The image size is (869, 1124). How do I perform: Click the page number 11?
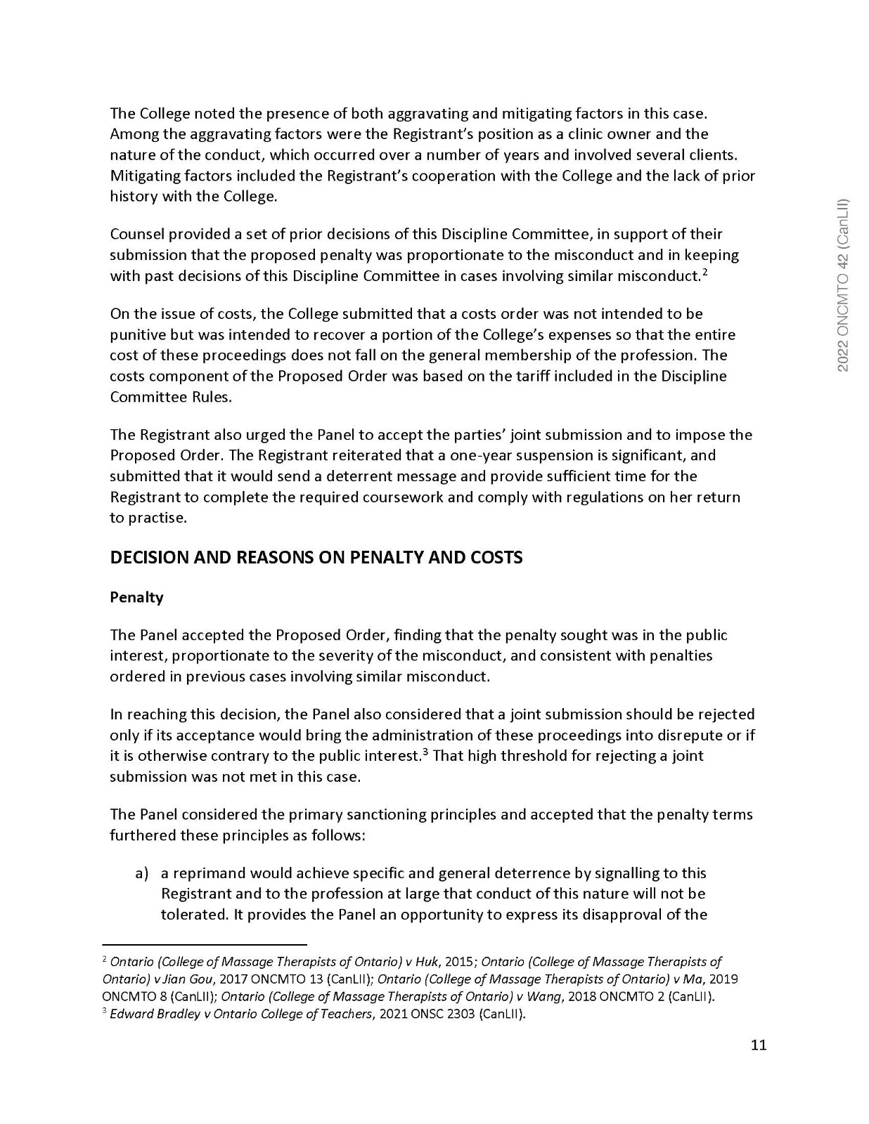tap(758, 1045)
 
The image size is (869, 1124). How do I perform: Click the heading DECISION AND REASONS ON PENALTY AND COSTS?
tap(316, 558)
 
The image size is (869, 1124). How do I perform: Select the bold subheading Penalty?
tap(136, 597)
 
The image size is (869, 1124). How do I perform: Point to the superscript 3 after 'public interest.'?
tap(426, 752)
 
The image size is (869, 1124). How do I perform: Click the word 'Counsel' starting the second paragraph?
tap(137, 234)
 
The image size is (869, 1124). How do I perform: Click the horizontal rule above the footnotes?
tap(205, 945)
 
